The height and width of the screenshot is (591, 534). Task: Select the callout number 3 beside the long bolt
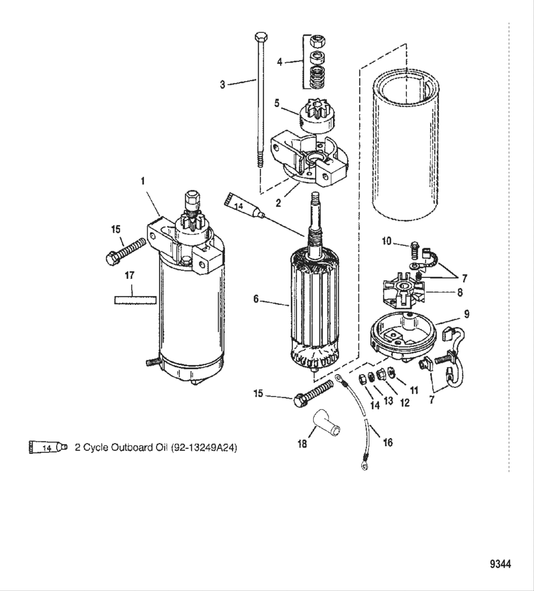[x=223, y=85]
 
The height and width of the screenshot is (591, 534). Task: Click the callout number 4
[x=280, y=62]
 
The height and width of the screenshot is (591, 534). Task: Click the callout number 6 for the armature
[x=256, y=299]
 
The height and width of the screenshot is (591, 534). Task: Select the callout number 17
[x=129, y=275]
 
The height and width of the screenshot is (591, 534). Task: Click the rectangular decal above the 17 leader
[x=135, y=299]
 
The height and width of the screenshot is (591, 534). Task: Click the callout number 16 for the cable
[x=388, y=442]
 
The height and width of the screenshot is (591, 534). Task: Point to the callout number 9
[x=466, y=314]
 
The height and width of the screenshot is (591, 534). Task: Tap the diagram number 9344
[x=500, y=564]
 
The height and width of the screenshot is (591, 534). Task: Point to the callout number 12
[x=404, y=403]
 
